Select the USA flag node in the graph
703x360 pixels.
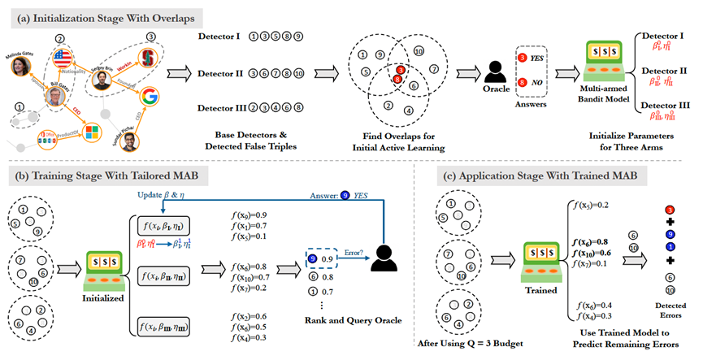click(x=63, y=59)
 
